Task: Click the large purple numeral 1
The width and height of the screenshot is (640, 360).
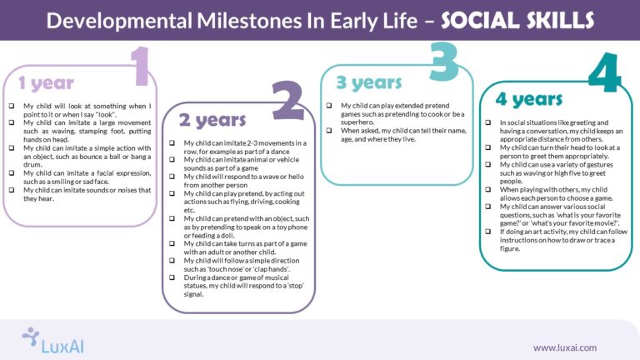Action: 138,67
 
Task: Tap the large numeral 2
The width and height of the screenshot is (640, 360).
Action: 287,101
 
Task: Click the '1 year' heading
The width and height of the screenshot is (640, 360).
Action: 46,83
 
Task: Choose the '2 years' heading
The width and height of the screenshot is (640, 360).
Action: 212,120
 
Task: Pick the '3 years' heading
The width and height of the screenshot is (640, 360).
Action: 368,82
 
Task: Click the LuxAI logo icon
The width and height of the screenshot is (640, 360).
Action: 31,337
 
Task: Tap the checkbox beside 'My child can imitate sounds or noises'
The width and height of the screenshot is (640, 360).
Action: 12,190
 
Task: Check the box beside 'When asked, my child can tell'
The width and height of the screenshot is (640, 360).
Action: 331,131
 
